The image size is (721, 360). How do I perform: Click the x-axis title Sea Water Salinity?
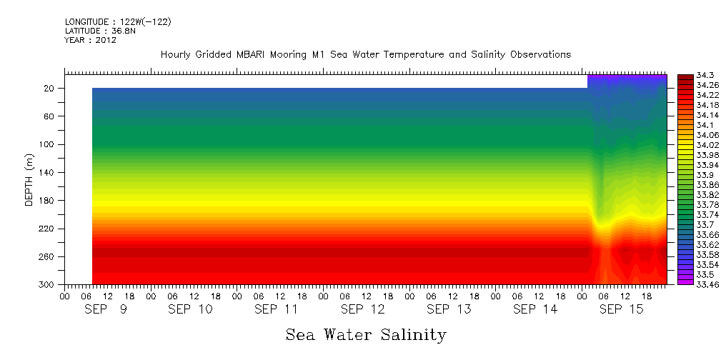click(x=366, y=335)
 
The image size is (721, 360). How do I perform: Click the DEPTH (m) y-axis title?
click(x=29, y=179)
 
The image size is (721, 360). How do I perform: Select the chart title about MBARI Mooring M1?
click(x=366, y=55)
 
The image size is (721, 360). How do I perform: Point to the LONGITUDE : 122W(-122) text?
click(x=118, y=22)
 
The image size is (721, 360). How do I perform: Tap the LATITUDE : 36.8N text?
click(x=96, y=31)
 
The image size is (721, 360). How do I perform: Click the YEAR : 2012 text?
click(x=90, y=40)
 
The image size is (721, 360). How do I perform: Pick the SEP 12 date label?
click(x=363, y=309)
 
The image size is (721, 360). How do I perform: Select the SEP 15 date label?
click(x=621, y=309)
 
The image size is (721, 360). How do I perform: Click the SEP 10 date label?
click(x=190, y=309)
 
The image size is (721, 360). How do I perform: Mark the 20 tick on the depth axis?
click(x=50, y=89)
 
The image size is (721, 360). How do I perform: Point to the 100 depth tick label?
click(x=48, y=144)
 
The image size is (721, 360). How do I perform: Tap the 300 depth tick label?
click(x=48, y=285)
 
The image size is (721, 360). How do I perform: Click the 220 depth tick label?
click(x=48, y=229)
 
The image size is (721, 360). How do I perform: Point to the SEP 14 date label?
click(x=535, y=309)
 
